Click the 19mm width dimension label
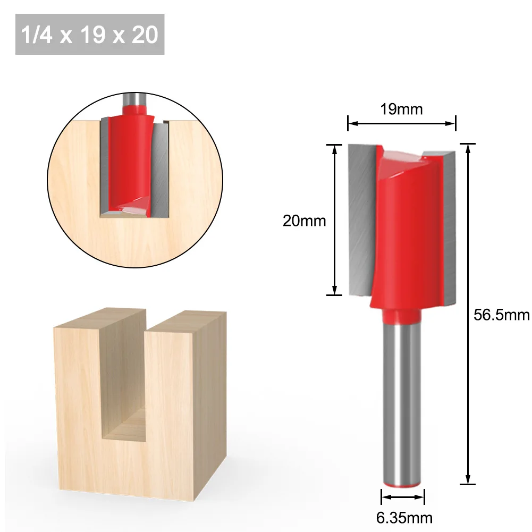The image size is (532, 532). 401,109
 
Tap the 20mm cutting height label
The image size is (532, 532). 305,221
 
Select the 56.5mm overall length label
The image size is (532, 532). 502,315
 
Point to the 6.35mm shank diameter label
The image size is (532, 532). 404,518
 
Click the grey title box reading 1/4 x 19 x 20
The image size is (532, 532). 90,34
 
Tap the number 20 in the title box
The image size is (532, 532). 145,35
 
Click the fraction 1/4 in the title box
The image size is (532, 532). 37,35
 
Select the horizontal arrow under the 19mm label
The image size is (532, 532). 401,123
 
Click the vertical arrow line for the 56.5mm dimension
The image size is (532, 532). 468,314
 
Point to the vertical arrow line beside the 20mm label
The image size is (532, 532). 334,220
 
